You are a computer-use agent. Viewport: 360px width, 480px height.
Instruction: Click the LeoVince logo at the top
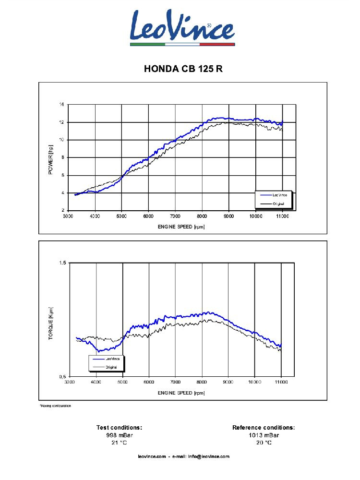[x=182, y=28]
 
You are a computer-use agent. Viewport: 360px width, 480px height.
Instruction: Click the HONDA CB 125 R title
[x=183, y=69]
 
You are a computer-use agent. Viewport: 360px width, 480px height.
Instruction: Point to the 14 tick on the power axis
[x=61, y=104]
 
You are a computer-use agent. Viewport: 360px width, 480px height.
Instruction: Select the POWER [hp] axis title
[x=50, y=159]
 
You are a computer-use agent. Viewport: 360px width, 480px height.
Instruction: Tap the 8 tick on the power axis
[x=62, y=157]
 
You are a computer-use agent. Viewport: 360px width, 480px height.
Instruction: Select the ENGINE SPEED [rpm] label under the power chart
[x=181, y=227]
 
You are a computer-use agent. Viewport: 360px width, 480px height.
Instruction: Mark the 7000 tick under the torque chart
[x=175, y=383]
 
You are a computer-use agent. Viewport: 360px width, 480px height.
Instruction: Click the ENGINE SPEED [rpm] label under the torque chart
[x=181, y=393]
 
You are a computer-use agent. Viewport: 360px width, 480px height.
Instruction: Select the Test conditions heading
[x=119, y=427]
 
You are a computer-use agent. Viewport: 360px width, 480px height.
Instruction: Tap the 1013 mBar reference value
[x=264, y=435]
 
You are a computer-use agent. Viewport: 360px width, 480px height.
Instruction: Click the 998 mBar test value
[x=119, y=435]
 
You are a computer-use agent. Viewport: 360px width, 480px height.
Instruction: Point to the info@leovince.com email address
[x=208, y=456]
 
